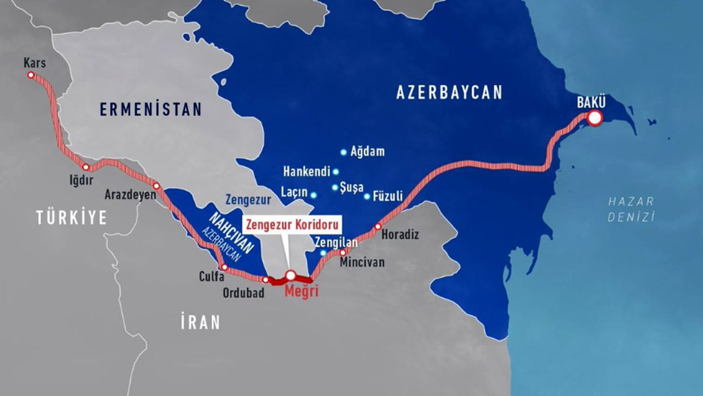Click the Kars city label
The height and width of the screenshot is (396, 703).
click(x=35, y=63)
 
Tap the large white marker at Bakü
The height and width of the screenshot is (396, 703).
click(x=594, y=118)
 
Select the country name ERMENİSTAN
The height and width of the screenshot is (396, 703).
click(x=150, y=109)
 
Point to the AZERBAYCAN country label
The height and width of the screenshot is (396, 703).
click(x=449, y=92)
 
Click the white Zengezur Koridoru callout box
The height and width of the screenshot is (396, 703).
click(x=292, y=225)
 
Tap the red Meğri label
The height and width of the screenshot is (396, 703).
click(x=301, y=291)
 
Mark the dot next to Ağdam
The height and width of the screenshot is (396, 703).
click(x=344, y=152)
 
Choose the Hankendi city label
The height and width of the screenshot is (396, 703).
click(x=306, y=172)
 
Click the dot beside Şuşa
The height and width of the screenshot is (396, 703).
click(x=335, y=187)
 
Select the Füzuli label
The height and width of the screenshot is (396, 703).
click(x=388, y=196)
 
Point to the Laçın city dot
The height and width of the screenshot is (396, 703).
click(x=314, y=195)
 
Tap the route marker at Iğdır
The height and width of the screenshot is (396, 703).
click(x=86, y=167)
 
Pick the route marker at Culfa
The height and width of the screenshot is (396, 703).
click(x=224, y=267)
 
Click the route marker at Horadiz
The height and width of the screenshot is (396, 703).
click(x=378, y=227)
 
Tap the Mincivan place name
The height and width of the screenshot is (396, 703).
click(x=362, y=262)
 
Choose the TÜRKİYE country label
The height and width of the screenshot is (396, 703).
click(x=71, y=218)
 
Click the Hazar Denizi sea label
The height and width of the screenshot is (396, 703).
click(x=631, y=209)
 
